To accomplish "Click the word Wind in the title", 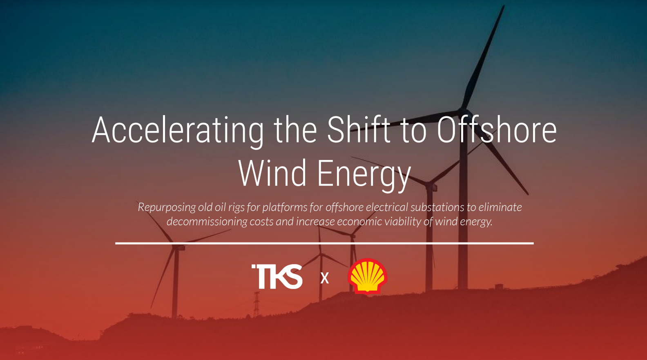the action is coord(272,173).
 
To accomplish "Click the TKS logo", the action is coord(277,277).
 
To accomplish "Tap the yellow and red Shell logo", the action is coord(367,276).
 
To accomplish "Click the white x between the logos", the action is coord(325,278).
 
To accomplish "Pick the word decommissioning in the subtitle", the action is coord(207,222).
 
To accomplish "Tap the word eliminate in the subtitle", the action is coord(500,207).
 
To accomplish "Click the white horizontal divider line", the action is coord(324,243).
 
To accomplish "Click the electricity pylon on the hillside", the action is coord(256,304).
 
